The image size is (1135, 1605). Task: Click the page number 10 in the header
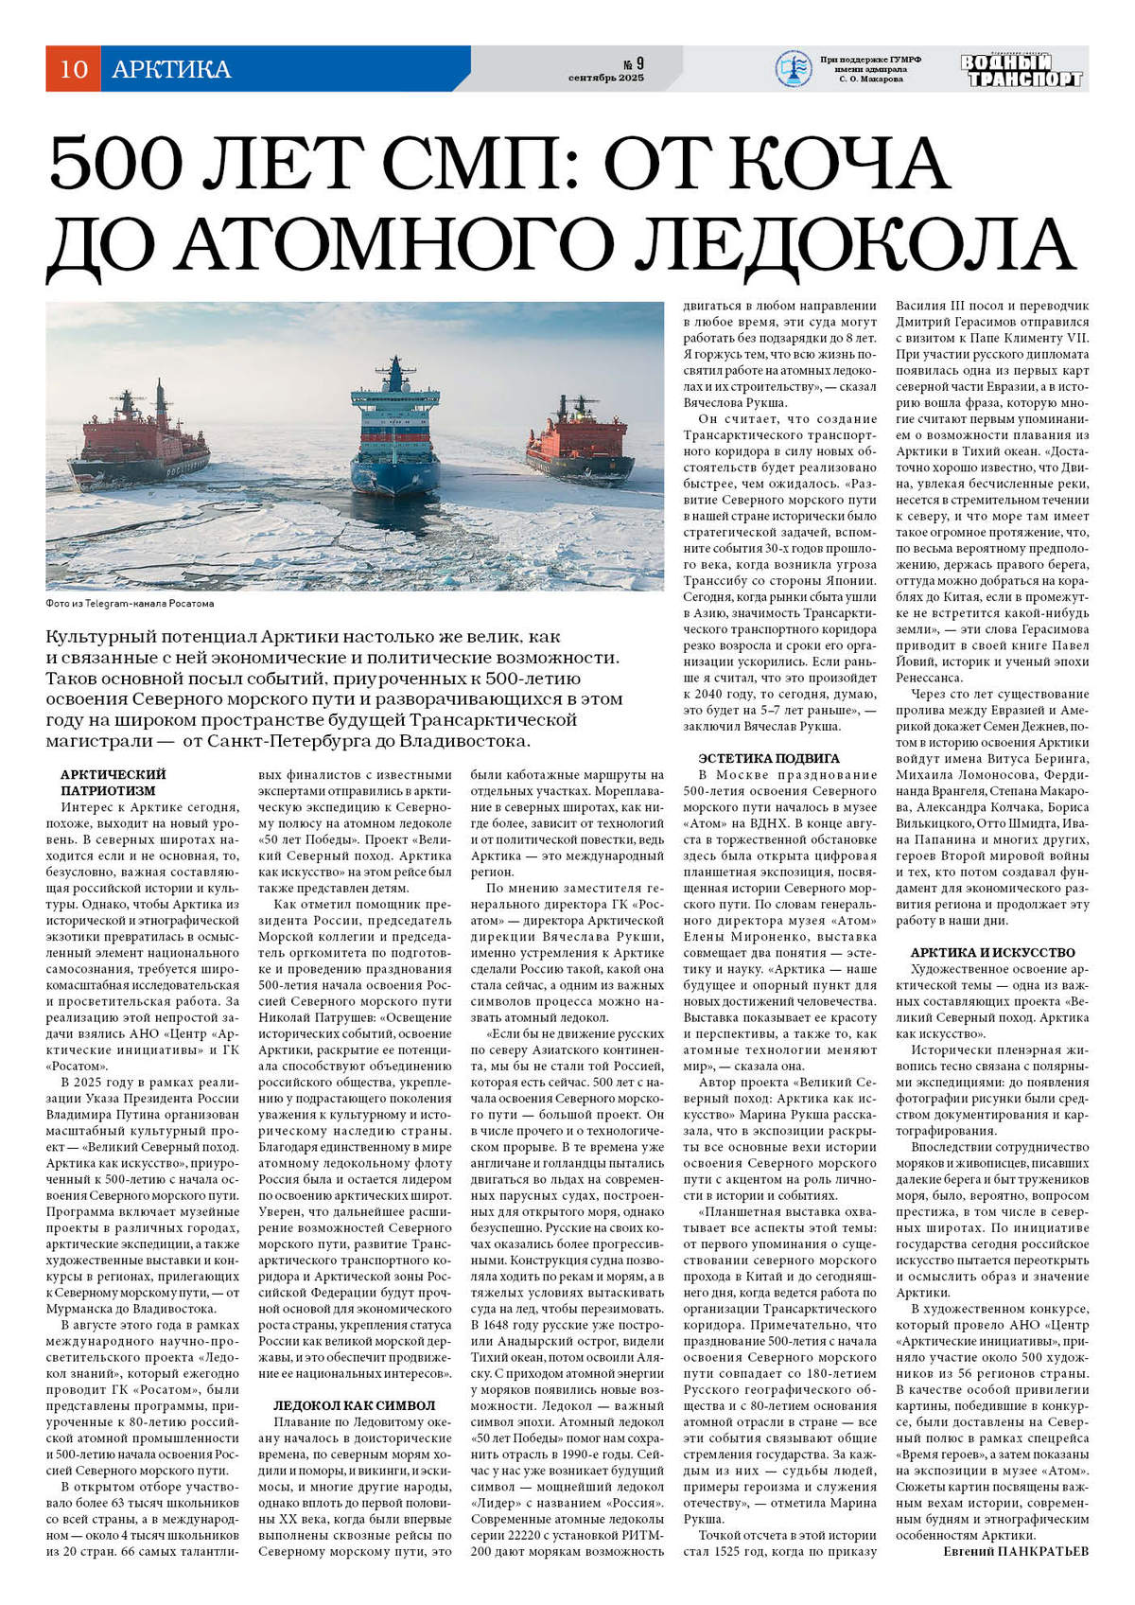tap(73, 69)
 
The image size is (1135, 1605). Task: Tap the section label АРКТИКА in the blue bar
tap(171, 69)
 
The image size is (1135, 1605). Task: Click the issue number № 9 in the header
tap(633, 63)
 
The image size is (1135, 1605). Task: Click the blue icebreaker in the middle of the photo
tap(394, 433)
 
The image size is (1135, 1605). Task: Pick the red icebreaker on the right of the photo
tap(579, 440)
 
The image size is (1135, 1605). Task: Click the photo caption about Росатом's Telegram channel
tap(130, 603)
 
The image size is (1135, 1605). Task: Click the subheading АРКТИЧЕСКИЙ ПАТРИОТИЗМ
tap(113, 782)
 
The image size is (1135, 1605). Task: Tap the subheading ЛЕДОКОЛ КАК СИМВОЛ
tap(354, 1405)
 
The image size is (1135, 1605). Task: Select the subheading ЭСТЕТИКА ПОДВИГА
tap(768, 758)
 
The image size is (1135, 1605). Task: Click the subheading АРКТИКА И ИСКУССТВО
tap(992, 952)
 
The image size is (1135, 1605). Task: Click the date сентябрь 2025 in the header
tap(606, 78)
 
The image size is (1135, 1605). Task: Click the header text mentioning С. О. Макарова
tap(871, 79)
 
